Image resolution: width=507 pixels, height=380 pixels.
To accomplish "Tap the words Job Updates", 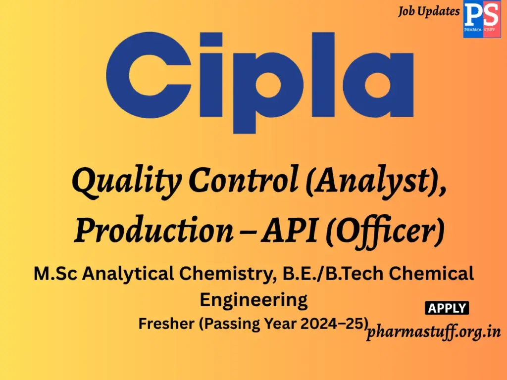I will click(429, 11).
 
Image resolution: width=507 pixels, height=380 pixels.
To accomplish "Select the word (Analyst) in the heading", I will click(374, 183).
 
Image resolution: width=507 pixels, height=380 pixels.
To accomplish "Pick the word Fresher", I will click(163, 324).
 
